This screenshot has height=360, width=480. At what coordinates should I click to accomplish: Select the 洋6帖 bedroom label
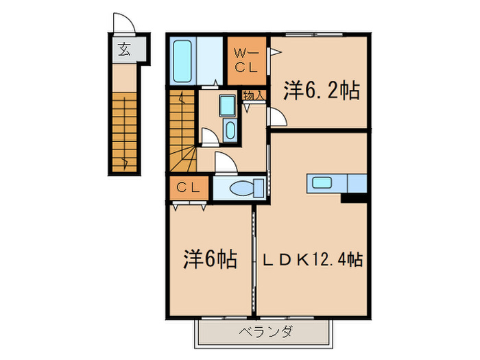coord(210,260)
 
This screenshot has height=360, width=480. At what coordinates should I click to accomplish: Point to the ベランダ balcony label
coord(265,333)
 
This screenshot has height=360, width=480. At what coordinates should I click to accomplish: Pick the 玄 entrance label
coord(124,49)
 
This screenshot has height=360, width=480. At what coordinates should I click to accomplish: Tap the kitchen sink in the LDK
coord(322,182)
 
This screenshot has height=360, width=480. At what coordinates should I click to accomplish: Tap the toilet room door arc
coord(225,163)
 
